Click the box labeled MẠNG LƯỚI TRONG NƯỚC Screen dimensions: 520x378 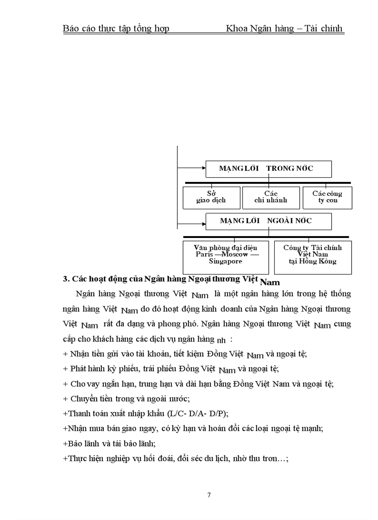268,169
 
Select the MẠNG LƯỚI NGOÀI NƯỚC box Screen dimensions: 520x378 268,221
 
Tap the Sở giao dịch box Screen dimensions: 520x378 211,197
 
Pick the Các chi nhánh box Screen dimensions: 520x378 271,197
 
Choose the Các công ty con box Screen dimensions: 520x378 327,197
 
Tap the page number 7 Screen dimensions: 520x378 209,495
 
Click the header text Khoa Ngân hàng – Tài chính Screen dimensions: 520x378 284,29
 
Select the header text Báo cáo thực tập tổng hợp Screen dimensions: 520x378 116,29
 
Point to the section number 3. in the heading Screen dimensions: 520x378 66,279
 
